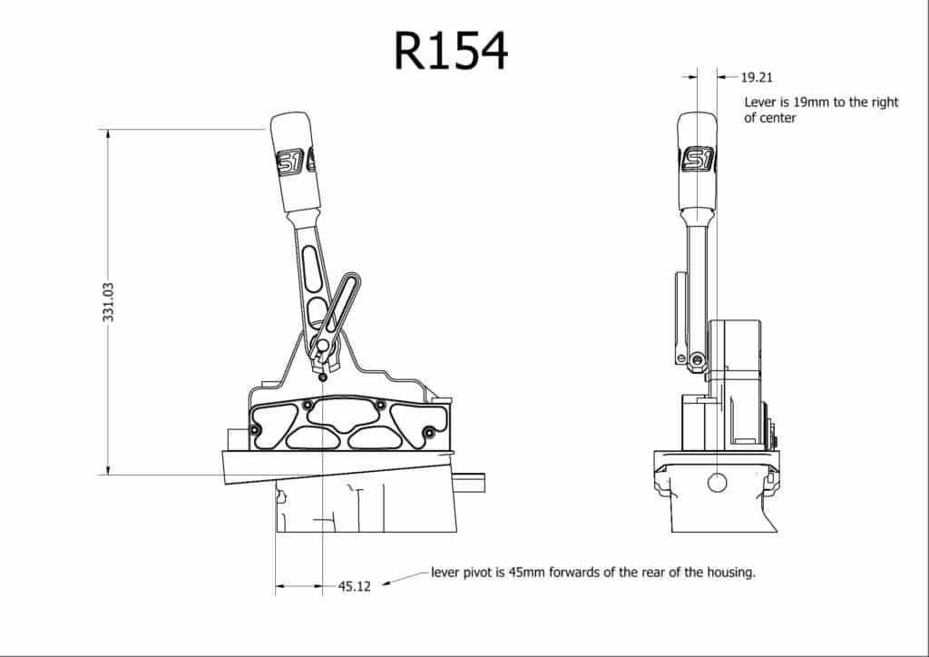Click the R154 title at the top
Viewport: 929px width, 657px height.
click(451, 52)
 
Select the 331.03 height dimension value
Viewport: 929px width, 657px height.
click(109, 301)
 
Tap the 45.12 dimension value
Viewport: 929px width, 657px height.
click(355, 587)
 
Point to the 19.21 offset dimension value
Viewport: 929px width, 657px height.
click(757, 78)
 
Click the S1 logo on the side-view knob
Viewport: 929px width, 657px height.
click(296, 161)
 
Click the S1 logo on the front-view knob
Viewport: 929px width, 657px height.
click(698, 160)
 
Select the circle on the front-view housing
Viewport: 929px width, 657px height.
click(717, 482)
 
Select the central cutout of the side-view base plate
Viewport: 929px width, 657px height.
click(344, 416)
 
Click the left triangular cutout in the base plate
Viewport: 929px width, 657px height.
click(269, 425)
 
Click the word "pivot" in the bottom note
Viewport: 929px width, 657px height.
click(484, 574)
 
